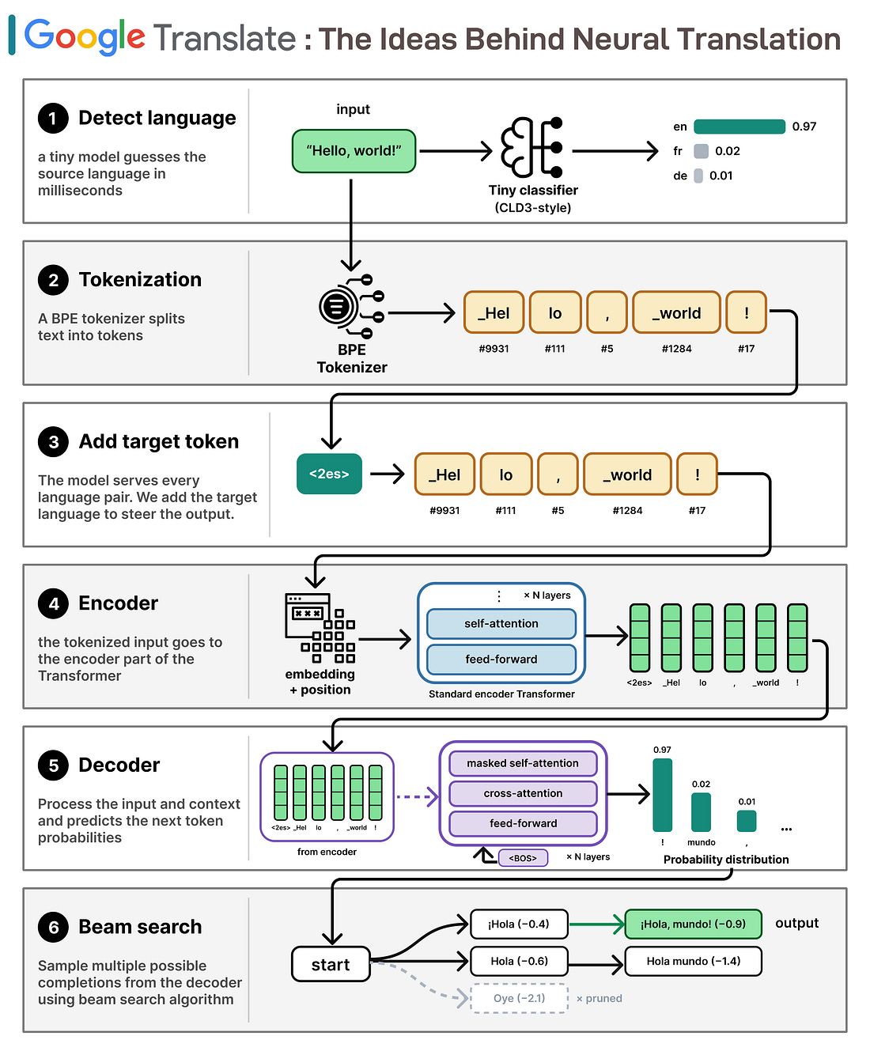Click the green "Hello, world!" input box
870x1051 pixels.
click(354, 150)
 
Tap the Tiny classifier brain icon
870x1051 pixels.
click(531, 147)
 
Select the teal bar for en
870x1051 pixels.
click(739, 127)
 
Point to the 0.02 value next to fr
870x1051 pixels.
click(727, 151)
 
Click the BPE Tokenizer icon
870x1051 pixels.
click(351, 305)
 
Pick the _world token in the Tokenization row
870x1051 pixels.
click(676, 312)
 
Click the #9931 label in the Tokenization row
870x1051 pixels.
click(494, 348)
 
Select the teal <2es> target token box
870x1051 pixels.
click(329, 474)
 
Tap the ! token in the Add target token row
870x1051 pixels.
click(697, 474)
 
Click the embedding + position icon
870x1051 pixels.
click(320, 628)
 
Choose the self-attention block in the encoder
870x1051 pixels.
click(501, 623)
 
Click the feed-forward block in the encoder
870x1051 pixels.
click(501, 659)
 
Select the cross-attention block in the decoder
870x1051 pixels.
click(523, 792)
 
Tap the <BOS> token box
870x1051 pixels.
click(523, 858)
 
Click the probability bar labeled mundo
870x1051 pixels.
click(700, 812)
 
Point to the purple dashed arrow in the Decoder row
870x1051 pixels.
click(417, 796)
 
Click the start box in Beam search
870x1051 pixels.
click(331, 964)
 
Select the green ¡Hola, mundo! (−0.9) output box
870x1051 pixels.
click(693, 924)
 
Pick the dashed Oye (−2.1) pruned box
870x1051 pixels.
click(519, 998)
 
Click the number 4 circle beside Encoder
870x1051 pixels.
click(53, 603)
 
